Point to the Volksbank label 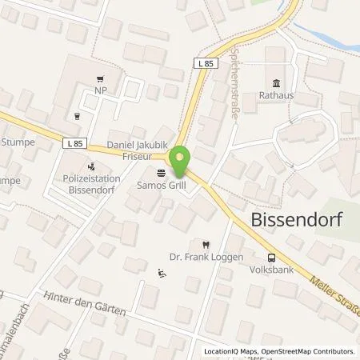click(x=271, y=270)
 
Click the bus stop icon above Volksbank click(x=272, y=258)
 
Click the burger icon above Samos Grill click(x=161, y=173)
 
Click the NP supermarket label click(x=99, y=92)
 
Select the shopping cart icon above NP click(x=99, y=79)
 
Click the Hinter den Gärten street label click(x=86, y=302)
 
